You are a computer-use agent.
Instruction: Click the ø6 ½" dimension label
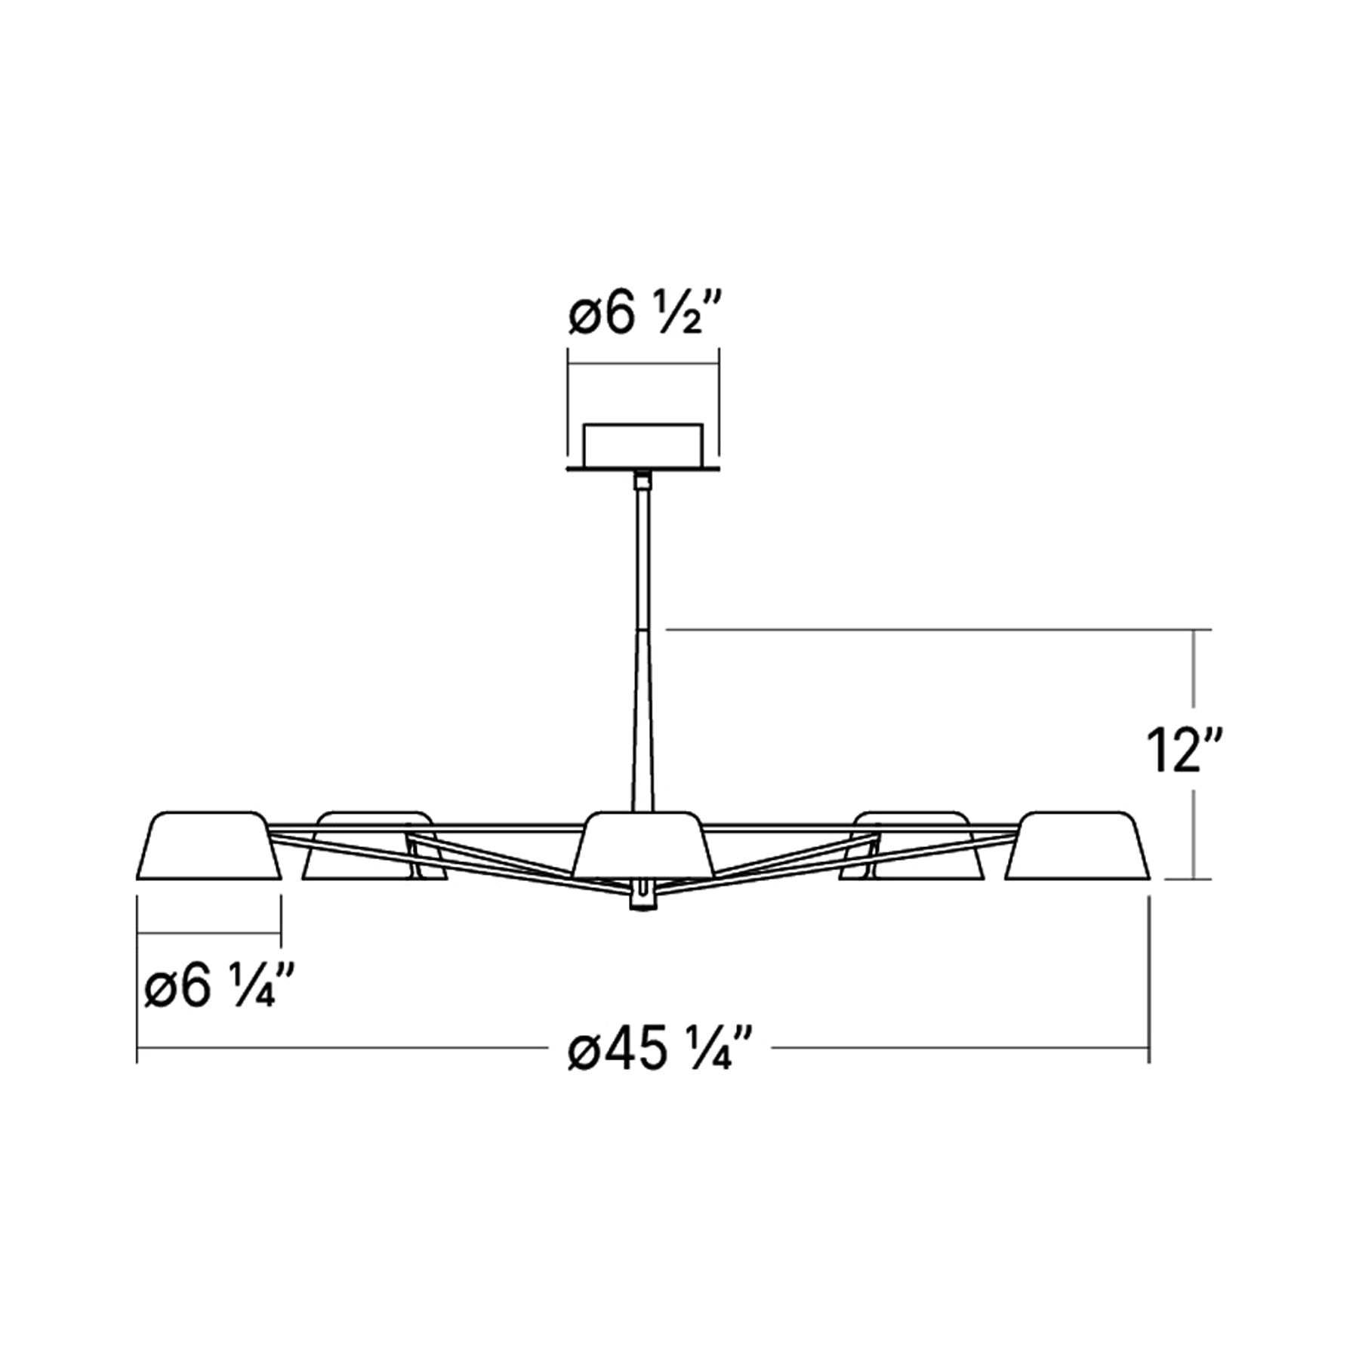coord(646,316)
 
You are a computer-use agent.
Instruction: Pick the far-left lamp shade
coord(208,847)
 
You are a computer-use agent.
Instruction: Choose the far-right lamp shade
coord(1078,847)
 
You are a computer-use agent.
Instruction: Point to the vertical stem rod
coord(643,642)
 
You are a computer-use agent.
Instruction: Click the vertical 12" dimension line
coord(1193,679)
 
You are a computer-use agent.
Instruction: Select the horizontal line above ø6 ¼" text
coord(209,934)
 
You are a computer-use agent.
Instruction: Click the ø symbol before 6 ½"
coord(586,318)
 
